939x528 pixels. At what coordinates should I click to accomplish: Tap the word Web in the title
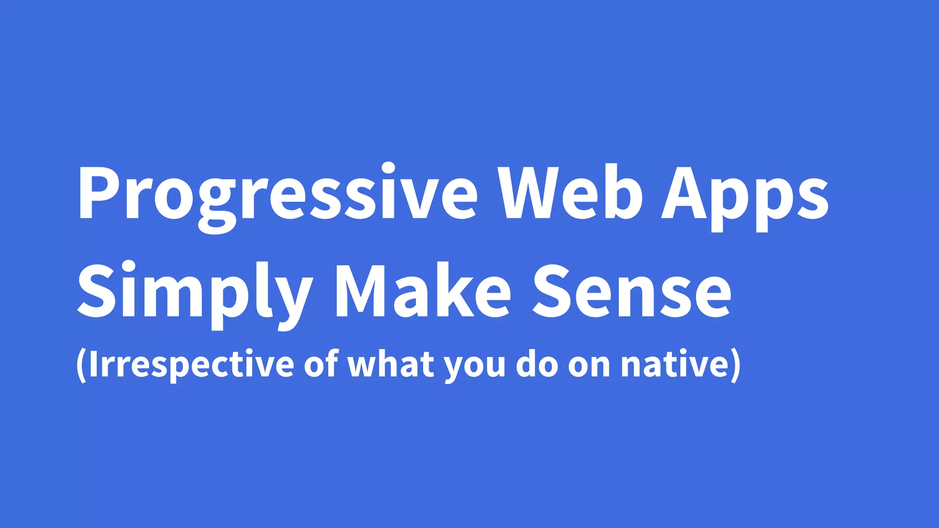[x=571, y=192]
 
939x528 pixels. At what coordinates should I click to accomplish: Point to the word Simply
[x=195, y=291]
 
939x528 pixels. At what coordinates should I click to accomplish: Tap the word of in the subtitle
[x=321, y=364]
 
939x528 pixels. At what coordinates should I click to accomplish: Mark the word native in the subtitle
[x=674, y=365]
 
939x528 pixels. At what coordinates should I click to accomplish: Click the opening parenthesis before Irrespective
[x=81, y=365]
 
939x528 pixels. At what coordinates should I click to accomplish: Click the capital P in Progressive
[x=97, y=192]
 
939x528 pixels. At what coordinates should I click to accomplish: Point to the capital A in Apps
[x=683, y=192]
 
